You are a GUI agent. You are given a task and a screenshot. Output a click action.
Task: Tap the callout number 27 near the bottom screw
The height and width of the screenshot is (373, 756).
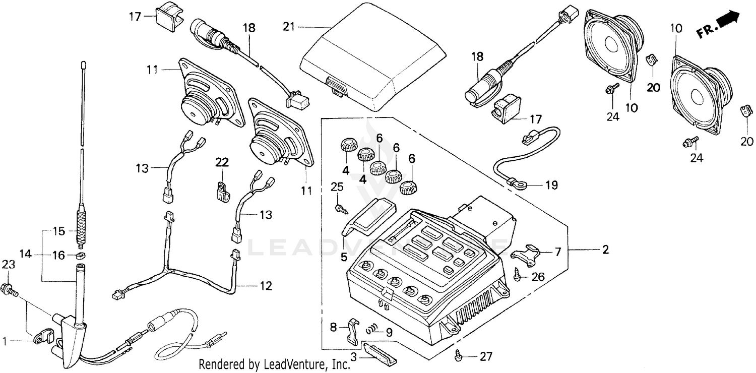click(485, 357)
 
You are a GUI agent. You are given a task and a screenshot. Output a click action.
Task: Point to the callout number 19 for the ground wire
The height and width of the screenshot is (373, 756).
click(551, 185)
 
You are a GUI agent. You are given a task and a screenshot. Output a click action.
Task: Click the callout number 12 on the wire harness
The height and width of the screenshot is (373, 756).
click(266, 286)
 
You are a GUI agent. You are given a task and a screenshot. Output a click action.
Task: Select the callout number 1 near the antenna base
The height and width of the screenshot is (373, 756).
click(5, 341)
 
